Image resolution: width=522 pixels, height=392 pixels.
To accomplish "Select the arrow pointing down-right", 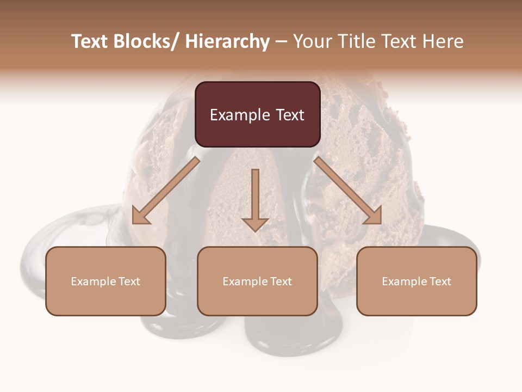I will pyautogui.click(x=348, y=191).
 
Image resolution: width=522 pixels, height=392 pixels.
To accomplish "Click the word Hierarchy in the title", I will pyautogui.click(x=227, y=41).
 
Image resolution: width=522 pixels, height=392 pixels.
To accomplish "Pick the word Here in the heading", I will pyautogui.click(x=443, y=41).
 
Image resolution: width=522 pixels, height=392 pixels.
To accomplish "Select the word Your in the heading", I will pyautogui.click(x=312, y=41).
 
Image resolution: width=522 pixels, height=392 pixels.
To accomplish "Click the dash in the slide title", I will pyautogui.click(x=281, y=41).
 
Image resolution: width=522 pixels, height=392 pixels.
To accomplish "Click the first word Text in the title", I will pyautogui.click(x=90, y=41).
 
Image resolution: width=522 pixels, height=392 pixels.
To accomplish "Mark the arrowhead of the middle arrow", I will pyautogui.click(x=255, y=224).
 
